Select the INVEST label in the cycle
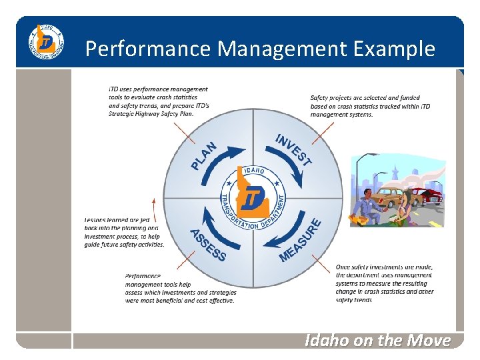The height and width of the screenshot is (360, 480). [293, 149]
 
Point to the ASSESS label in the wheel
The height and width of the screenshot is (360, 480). [209, 245]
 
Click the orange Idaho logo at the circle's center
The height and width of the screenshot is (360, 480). [253, 198]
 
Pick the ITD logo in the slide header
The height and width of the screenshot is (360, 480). [45, 42]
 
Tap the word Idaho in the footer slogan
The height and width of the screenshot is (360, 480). [327, 341]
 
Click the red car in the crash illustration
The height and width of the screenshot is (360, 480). [427, 195]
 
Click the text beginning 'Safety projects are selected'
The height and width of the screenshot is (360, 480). [371, 106]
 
